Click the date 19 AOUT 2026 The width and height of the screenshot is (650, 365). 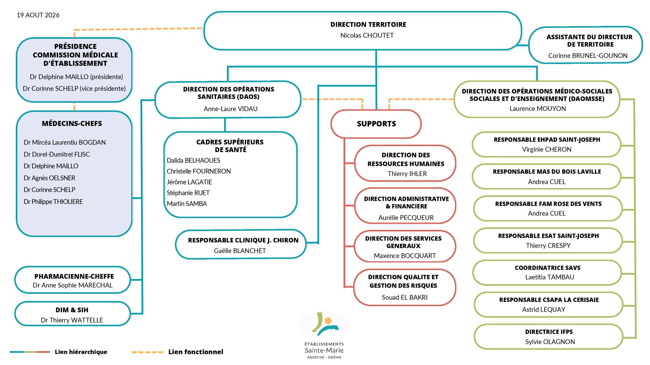pyautogui.click(x=38, y=15)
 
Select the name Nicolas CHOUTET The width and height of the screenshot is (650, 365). pyautogui.click(x=367, y=35)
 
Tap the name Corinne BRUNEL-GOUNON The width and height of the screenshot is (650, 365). pyautogui.click(x=588, y=56)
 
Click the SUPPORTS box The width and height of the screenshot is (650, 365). pyautogui.click(x=376, y=124)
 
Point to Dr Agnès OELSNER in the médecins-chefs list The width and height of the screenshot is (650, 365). pyautogui.click(x=50, y=178)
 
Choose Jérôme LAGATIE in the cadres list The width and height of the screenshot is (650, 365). pyautogui.click(x=189, y=182)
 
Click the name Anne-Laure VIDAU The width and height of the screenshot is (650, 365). pyautogui.click(x=231, y=109)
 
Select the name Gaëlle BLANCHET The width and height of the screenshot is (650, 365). pyautogui.click(x=240, y=251)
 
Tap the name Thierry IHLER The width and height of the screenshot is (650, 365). pyautogui.click(x=407, y=174)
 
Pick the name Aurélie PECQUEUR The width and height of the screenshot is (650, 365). pyautogui.click(x=406, y=217)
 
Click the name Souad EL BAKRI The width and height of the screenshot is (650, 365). pyautogui.click(x=405, y=297)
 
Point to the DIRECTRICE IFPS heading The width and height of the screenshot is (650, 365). pyautogui.click(x=549, y=332)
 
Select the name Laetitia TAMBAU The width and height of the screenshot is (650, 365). pyautogui.click(x=550, y=277)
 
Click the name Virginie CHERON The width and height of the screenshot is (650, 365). pyautogui.click(x=547, y=149)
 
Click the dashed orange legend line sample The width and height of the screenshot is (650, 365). pyautogui.click(x=148, y=352)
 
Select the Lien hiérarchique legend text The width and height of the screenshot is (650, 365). pyautogui.click(x=81, y=352)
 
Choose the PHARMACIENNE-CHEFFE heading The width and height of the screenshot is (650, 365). pyautogui.click(x=74, y=276)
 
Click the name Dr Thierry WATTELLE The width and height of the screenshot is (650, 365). pyautogui.click(x=72, y=320)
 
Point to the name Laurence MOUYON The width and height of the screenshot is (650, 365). pyautogui.click(x=538, y=108)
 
